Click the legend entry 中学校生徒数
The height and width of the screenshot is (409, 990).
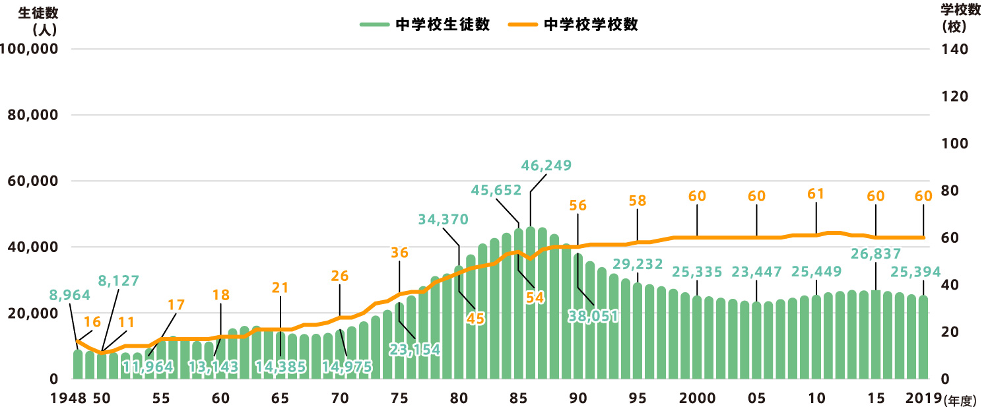point(424,25)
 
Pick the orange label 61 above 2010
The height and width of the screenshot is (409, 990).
point(816,195)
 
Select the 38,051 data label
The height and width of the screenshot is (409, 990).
point(593,316)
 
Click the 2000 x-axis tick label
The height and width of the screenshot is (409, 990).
point(697,399)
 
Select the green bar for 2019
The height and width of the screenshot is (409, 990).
point(923,337)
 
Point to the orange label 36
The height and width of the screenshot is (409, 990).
point(399,253)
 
